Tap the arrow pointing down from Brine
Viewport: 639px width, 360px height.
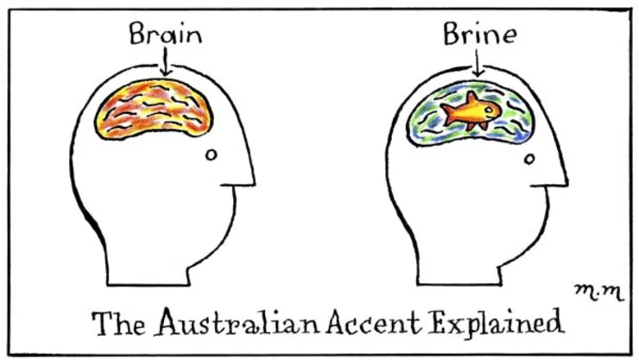tap(478, 62)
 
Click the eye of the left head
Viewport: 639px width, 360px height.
tap(210, 155)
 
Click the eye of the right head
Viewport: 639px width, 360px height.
tap(528, 157)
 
